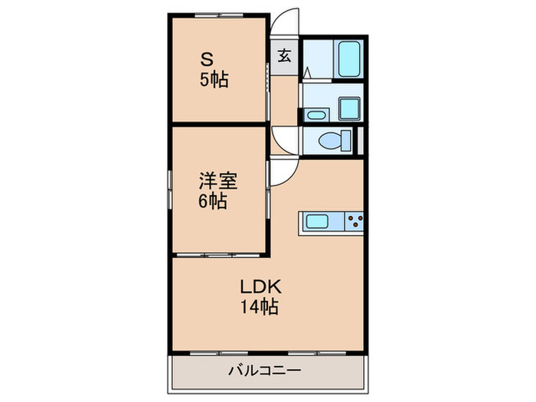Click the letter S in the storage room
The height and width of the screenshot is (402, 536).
click(207, 58)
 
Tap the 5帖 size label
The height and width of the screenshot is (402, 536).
click(214, 80)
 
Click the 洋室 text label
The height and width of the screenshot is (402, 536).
click(218, 181)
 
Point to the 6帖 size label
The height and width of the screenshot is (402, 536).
click(214, 202)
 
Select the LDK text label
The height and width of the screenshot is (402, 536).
click(263, 288)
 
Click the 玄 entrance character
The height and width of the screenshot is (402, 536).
click(284, 56)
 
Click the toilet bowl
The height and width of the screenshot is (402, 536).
click(332, 141)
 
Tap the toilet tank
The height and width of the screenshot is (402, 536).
click(347, 142)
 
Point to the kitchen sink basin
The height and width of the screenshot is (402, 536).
click(318, 222)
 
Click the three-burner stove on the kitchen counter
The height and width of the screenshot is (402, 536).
click(354, 222)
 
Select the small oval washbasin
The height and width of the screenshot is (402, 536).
click(315, 116)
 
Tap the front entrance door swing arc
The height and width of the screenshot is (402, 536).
click(286, 22)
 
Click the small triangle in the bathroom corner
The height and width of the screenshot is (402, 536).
click(307, 73)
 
